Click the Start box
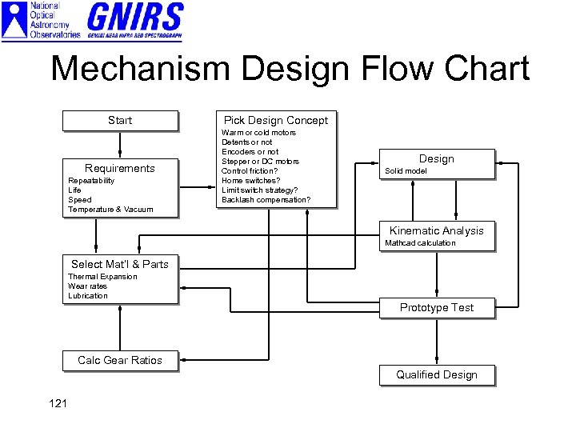pyautogui.click(x=120, y=121)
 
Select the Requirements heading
pyautogui.click(x=120, y=168)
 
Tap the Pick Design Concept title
pyautogui.click(x=275, y=120)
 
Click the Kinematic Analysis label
pyautogui.click(x=436, y=230)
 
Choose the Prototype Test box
pyautogui.click(x=437, y=308)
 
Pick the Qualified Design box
pyautogui.click(x=437, y=374)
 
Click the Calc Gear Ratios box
pyautogui.click(x=120, y=361)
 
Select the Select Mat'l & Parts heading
pyautogui.click(x=120, y=264)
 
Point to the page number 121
pyautogui.click(x=58, y=403)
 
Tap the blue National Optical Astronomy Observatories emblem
pyautogui.click(x=15, y=21)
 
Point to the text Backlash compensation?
pyautogui.click(x=266, y=199)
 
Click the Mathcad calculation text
pyautogui.click(x=420, y=243)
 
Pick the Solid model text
pyautogui.click(x=406, y=171)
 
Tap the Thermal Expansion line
pyautogui.click(x=102, y=277)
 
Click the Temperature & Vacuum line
pyautogui.click(x=110, y=210)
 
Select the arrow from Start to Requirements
pyautogui.click(x=120, y=144)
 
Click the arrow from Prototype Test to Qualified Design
pyautogui.click(x=437, y=342)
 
